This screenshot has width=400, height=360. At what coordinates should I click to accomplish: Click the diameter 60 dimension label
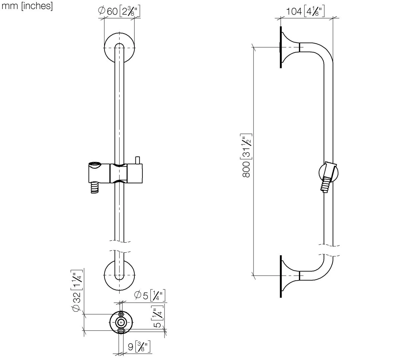click(119, 12)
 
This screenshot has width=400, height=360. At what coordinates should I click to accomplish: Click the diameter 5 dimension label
click(149, 295)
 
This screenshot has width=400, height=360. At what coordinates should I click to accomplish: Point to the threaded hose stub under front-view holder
click(94, 187)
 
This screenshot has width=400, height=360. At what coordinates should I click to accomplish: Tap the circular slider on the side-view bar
click(329, 173)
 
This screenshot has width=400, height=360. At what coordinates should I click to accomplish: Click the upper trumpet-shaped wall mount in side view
click(288, 47)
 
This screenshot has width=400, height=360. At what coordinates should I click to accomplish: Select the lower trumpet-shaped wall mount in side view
click(288, 275)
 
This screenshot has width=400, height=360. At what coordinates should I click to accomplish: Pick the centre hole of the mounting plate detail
click(121, 322)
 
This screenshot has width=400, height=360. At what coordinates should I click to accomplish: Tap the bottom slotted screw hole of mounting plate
click(121, 330)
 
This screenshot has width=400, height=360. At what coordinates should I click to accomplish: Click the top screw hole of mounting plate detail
click(121, 314)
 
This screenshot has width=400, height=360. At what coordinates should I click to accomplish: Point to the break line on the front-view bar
click(119, 245)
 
